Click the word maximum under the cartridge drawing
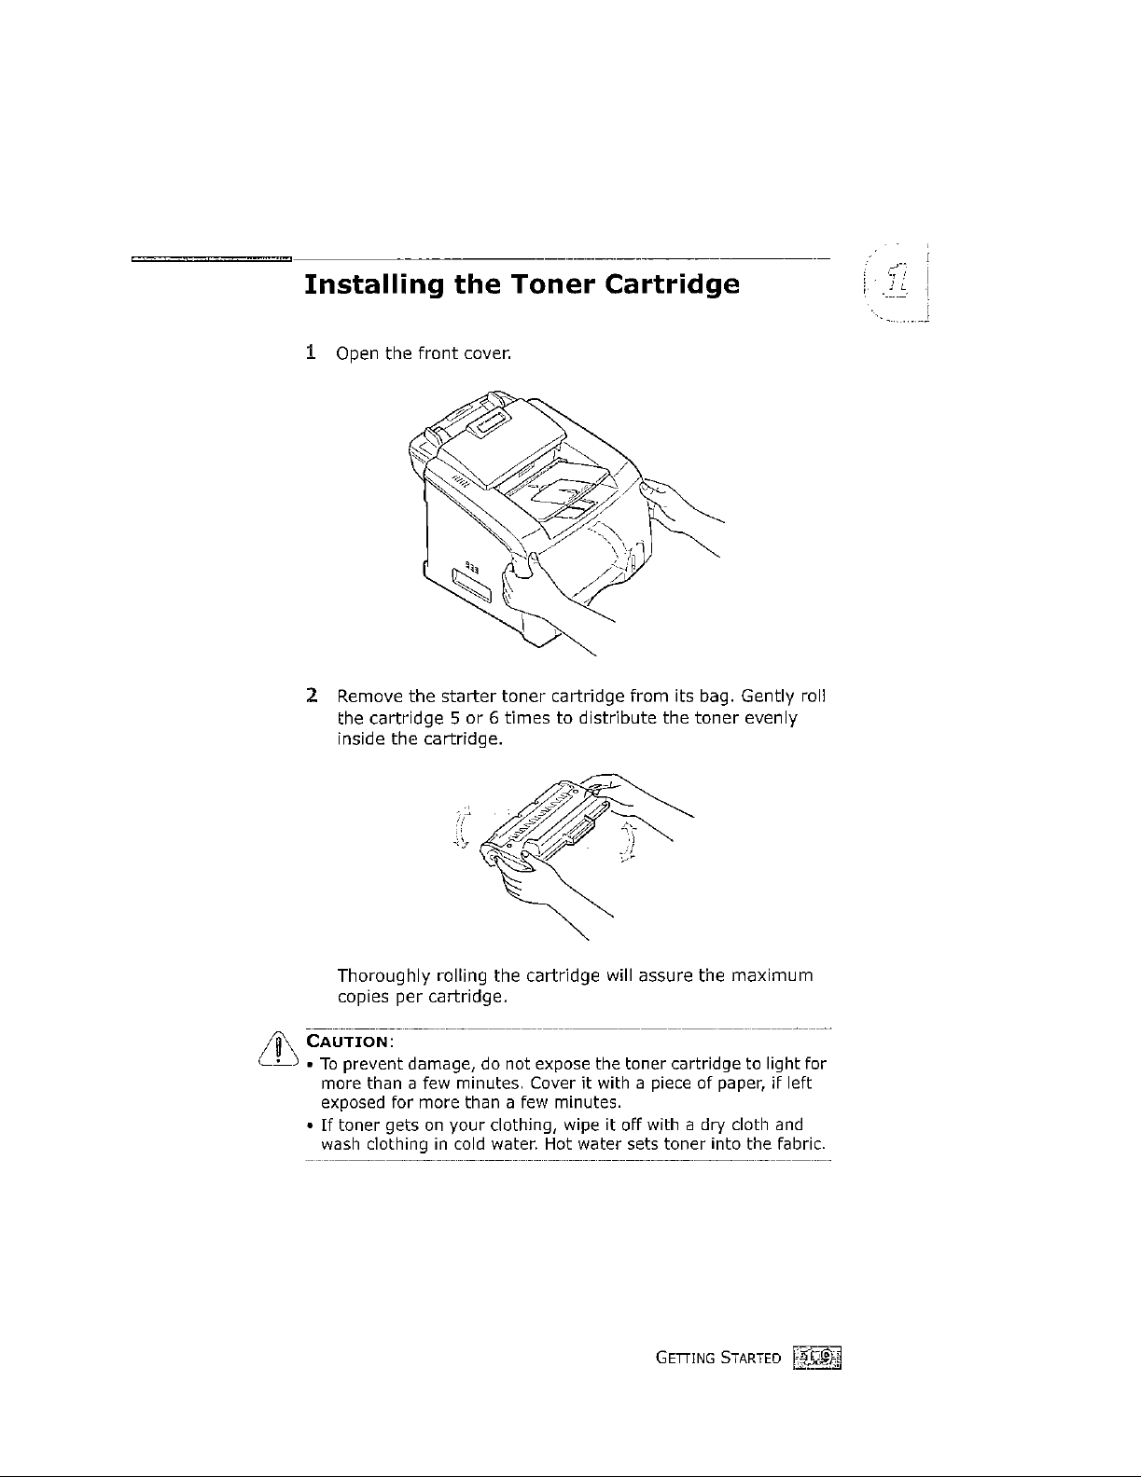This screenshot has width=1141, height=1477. click(x=772, y=976)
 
